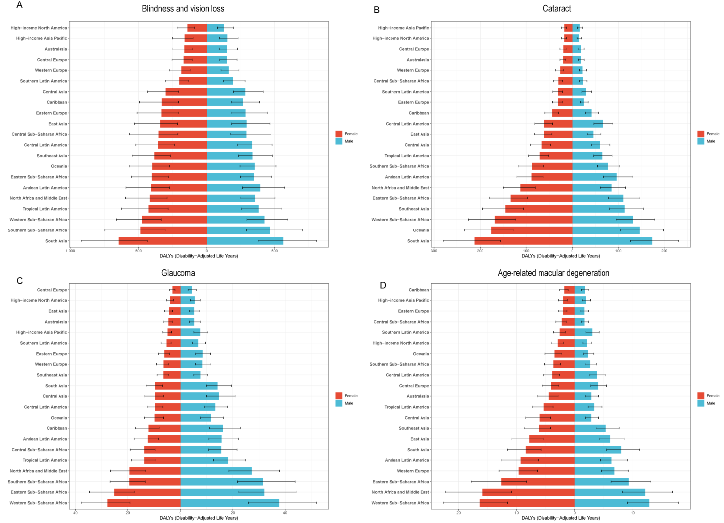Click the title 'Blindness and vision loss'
click(x=183, y=9)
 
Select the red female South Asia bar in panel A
click(x=162, y=241)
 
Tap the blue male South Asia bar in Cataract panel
click(x=612, y=241)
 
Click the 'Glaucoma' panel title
click(x=178, y=273)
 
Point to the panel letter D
click(x=383, y=285)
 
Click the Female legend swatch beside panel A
click(x=339, y=134)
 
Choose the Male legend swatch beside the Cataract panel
click(x=700, y=141)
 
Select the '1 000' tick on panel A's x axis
click(x=70, y=251)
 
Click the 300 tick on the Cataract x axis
click(x=434, y=251)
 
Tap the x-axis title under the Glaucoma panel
click(x=199, y=518)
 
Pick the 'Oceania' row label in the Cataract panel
click(x=421, y=230)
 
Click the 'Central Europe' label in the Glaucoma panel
click(x=52, y=290)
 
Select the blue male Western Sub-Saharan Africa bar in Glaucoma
click(x=230, y=503)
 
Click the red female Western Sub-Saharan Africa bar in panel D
click(x=527, y=503)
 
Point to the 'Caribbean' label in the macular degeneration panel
click(x=419, y=290)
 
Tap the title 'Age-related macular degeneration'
click(x=553, y=273)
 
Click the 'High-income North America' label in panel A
click(x=39, y=28)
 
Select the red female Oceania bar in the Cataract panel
click(x=531, y=230)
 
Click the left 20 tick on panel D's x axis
click(x=459, y=513)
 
